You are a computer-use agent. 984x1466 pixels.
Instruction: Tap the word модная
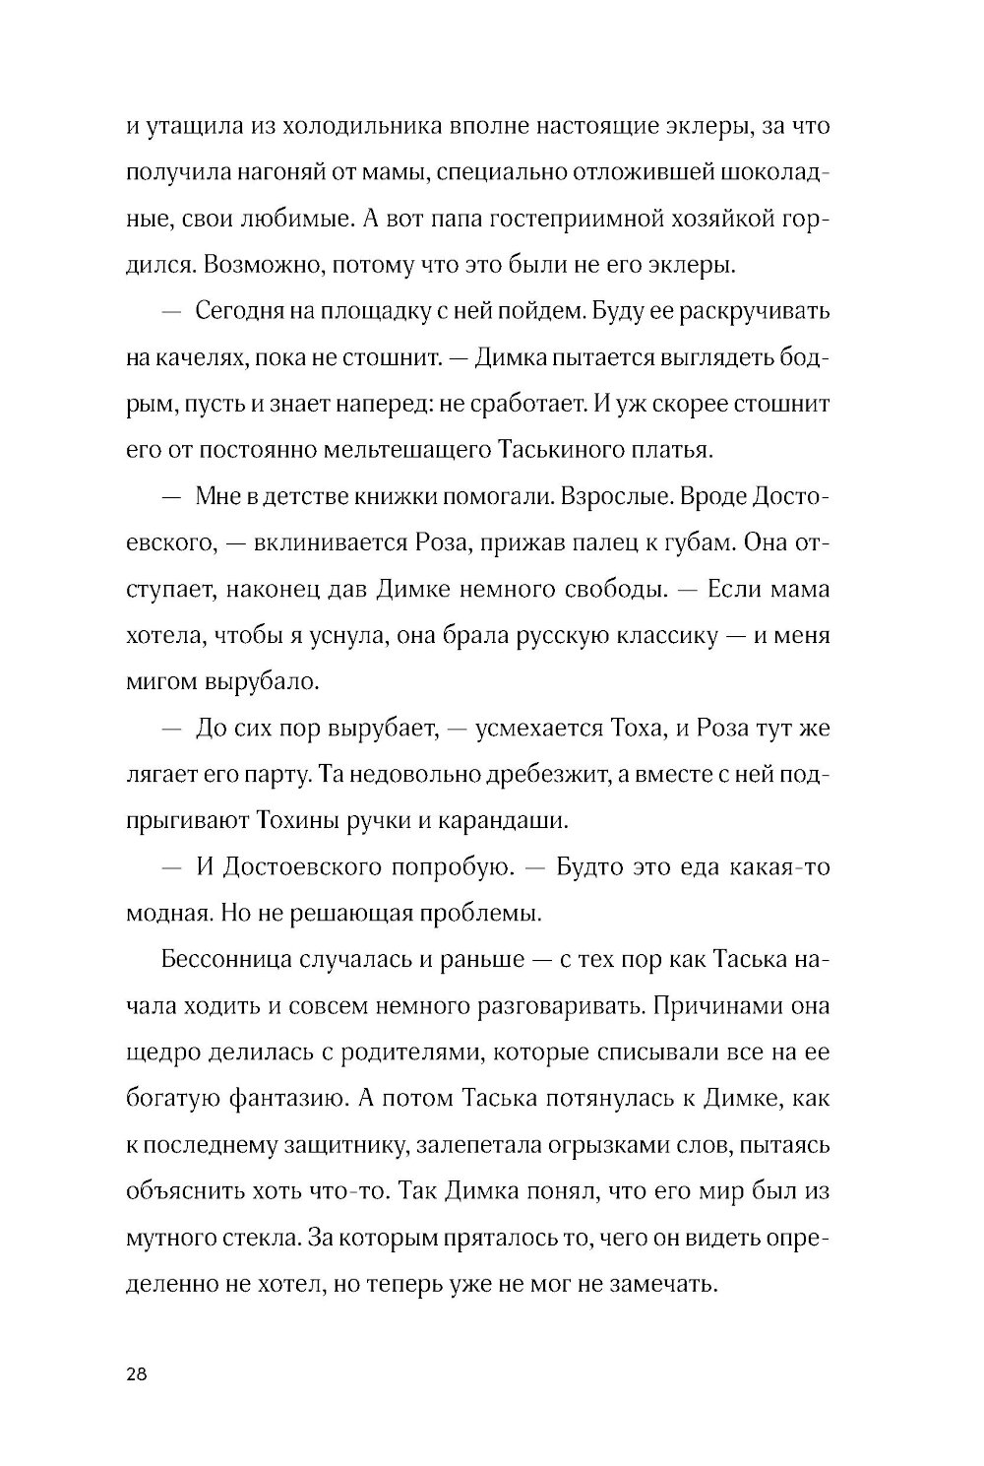pyautogui.click(x=169, y=914)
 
